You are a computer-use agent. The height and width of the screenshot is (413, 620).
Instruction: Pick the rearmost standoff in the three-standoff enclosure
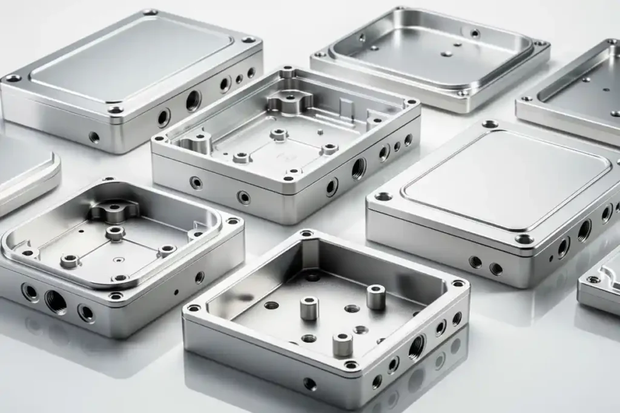pos(375,296)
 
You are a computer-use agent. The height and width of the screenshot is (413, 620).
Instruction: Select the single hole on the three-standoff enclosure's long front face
pos(309,383)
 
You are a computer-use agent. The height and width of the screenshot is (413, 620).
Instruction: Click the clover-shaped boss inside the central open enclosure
pos(289,100)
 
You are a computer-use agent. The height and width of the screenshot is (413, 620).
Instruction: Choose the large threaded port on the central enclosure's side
pos(358,167)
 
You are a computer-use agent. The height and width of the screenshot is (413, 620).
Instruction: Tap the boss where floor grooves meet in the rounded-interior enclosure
pos(115,233)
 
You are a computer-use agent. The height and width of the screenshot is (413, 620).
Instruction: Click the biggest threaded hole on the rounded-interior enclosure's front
pos(56,301)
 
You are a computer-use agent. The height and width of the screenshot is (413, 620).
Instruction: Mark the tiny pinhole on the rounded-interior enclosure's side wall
pos(176,291)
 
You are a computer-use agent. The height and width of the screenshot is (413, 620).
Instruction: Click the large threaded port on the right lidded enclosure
pos(584,230)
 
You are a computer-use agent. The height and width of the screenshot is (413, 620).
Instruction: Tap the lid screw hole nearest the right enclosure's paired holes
pos(524,239)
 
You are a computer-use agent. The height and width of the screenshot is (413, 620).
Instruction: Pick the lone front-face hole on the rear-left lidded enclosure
pos(94,137)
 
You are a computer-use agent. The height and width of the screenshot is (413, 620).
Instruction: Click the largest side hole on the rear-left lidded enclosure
pos(193,100)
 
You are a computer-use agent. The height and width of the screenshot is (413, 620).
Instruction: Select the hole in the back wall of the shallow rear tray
pos(475,33)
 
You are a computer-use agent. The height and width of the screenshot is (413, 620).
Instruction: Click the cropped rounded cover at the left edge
pos(27,172)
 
